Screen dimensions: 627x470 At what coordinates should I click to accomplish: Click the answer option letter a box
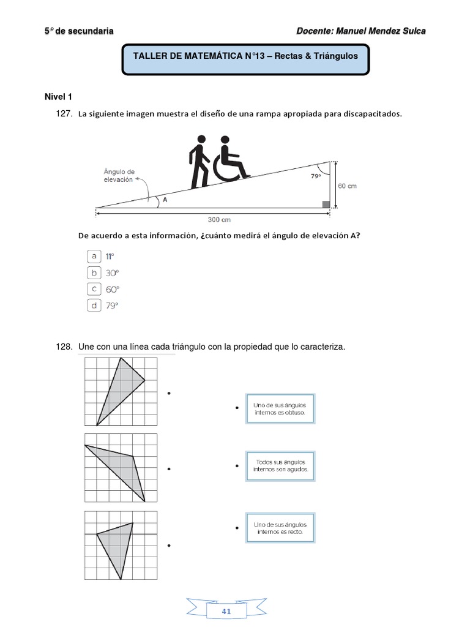94,256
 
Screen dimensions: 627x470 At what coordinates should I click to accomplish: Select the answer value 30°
112,272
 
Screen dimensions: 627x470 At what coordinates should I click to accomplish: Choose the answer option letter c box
94,289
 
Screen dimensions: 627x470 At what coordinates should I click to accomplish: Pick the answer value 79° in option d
112,306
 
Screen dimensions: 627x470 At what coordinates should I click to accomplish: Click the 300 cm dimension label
219,219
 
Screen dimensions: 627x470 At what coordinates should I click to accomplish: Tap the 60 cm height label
346,186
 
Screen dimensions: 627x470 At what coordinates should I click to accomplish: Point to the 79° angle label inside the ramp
315,175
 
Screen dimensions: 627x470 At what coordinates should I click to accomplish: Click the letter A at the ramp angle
165,198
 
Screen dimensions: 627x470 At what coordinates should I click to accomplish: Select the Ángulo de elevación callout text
119,176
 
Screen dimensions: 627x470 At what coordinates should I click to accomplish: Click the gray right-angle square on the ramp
326,204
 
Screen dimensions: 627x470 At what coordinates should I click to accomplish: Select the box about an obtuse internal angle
280,409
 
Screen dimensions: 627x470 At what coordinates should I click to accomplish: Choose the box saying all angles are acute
280,467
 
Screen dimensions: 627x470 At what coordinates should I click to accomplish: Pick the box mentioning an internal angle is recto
280,528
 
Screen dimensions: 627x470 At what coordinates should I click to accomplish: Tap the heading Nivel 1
58,96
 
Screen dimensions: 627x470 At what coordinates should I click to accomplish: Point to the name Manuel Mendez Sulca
386,31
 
